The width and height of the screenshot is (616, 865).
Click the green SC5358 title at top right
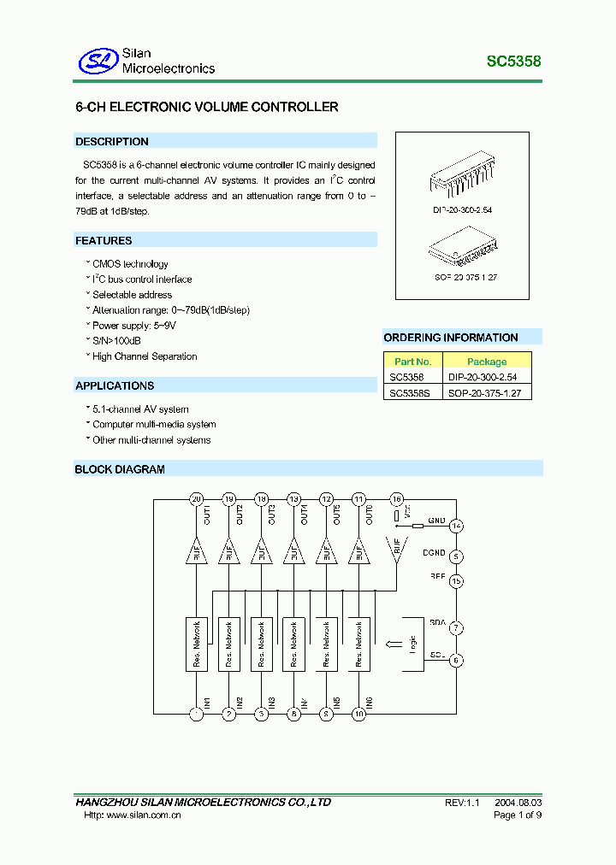coord(513,62)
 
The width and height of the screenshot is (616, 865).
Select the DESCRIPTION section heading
coord(112,142)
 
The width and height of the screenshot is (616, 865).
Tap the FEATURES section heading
coord(104,241)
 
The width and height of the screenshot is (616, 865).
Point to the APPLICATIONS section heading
coord(115,385)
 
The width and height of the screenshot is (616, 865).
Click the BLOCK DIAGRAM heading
coord(120,469)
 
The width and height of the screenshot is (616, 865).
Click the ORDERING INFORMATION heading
coord(451,338)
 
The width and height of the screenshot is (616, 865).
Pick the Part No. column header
coord(412,362)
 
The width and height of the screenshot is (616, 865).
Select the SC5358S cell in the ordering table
coord(410,392)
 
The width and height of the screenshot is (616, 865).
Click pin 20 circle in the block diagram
coord(196,498)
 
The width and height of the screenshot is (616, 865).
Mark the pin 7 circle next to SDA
coord(457,628)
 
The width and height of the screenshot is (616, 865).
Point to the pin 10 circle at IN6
coord(358,712)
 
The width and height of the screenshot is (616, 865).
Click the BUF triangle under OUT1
coord(196,552)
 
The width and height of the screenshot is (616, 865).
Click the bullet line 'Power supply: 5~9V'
coord(129,326)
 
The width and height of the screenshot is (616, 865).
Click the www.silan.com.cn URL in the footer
coord(143,815)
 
